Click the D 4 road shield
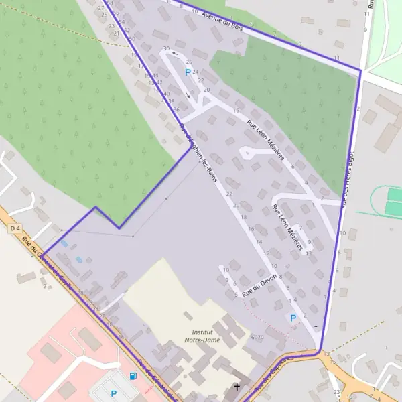[x=15, y=229]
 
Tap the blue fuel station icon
[x=133, y=376]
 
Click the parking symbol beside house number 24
[x=187, y=72]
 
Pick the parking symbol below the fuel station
[x=113, y=393]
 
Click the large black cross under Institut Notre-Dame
[x=236, y=387]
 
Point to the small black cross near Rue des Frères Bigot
[x=316, y=327]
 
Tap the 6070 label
[x=257, y=337]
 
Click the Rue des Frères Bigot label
[x=348, y=180]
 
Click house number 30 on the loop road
[x=166, y=49]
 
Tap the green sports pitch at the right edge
[x=393, y=201]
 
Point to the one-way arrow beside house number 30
[x=176, y=54]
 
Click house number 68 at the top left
[x=109, y=3]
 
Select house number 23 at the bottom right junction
[x=337, y=391]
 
